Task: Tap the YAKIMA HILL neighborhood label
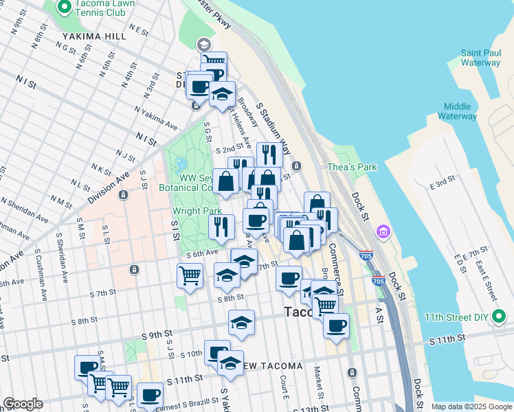pos(95,36)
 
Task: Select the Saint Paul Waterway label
pos(480,58)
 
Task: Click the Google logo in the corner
pos(23,404)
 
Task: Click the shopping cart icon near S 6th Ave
pos(190,275)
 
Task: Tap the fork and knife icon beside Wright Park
pos(221,226)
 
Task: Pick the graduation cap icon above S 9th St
pos(241,322)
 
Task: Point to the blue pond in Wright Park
pos(181,164)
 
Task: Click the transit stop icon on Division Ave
pos(122,194)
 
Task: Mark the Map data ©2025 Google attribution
pos(471,407)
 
